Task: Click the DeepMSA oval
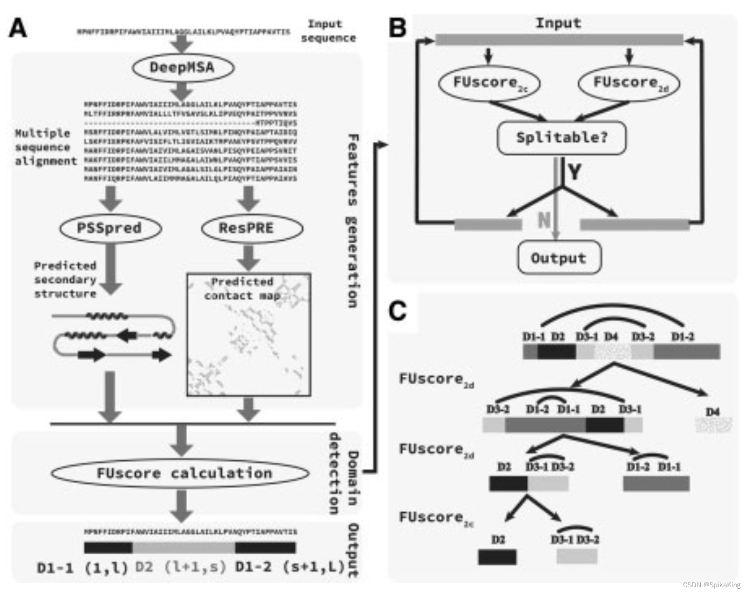[x=182, y=68]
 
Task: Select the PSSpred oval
[x=110, y=228]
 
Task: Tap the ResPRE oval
[x=247, y=228]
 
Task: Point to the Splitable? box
[x=561, y=138]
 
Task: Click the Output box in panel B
[x=559, y=258]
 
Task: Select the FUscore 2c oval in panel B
[x=489, y=83]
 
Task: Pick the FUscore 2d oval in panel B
[x=629, y=83]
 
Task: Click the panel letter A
[x=18, y=28]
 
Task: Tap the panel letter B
[x=397, y=28]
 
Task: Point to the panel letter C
[x=397, y=311]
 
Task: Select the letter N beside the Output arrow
[x=544, y=220]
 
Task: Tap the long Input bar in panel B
[x=559, y=40]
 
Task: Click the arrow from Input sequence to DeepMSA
[x=182, y=44]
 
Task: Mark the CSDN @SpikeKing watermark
[x=711, y=585]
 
